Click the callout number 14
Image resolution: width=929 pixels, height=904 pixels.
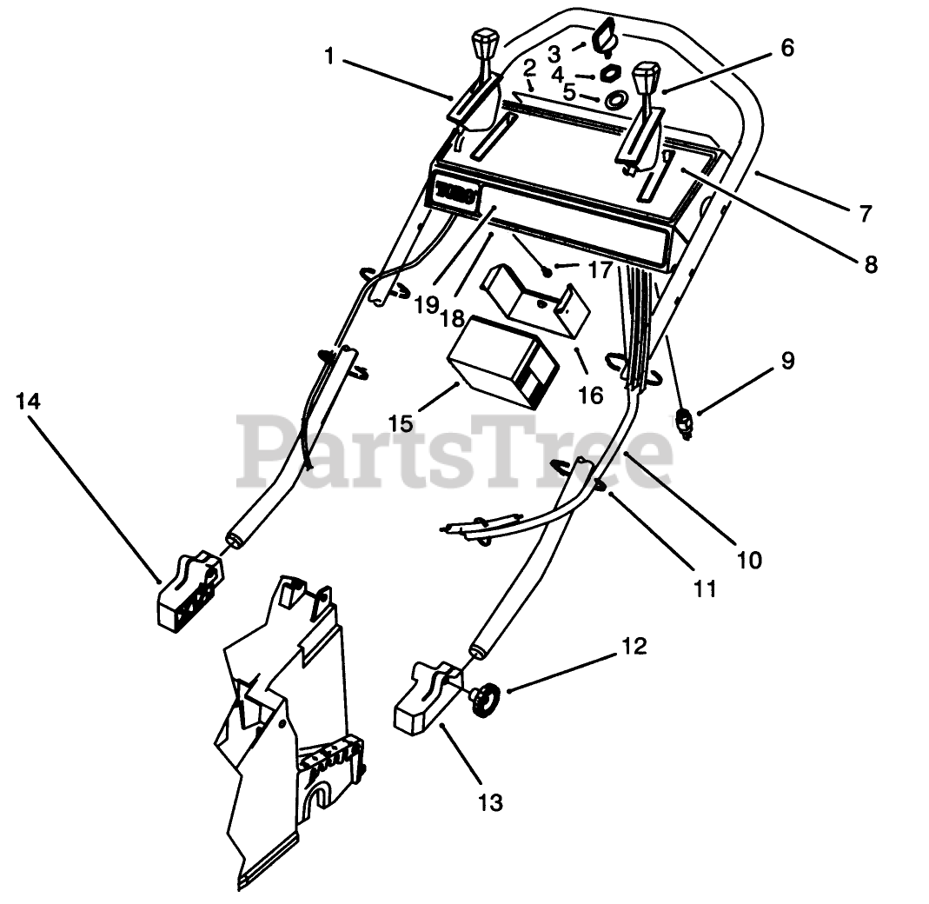[28, 402]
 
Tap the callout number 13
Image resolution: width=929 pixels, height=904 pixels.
[490, 802]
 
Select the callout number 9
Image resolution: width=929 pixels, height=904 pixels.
[787, 360]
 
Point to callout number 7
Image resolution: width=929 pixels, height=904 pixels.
[864, 212]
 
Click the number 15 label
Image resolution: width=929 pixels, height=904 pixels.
[401, 423]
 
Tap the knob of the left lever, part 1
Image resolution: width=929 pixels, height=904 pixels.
[485, 43]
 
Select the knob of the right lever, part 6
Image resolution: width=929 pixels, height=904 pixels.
[645, 77]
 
